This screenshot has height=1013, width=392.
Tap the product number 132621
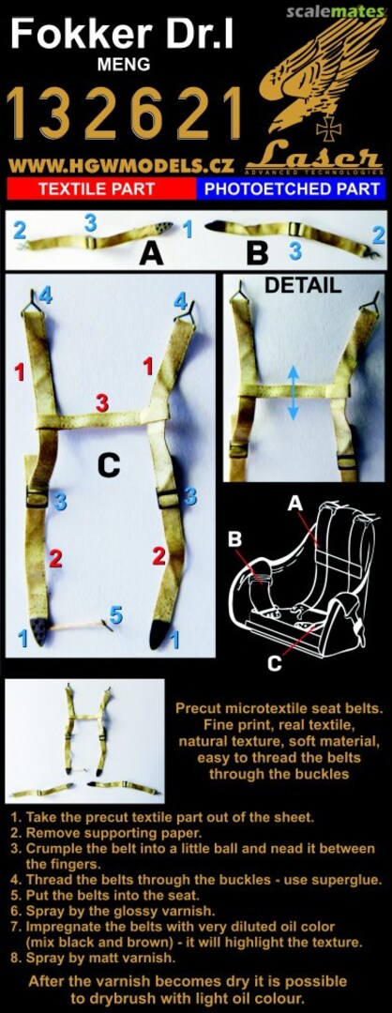click(x=124, y=116)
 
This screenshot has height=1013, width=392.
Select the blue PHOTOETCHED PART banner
click(x=292, y=189)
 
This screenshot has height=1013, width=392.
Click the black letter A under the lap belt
click(x=151, y=255)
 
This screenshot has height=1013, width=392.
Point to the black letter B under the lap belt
click(x=257, y=253)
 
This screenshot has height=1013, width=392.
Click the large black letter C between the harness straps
click(x=110, y=463)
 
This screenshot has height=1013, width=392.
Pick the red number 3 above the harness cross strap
click(x=101, y=402)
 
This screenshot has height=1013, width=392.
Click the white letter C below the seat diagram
click(x=275, y=663)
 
